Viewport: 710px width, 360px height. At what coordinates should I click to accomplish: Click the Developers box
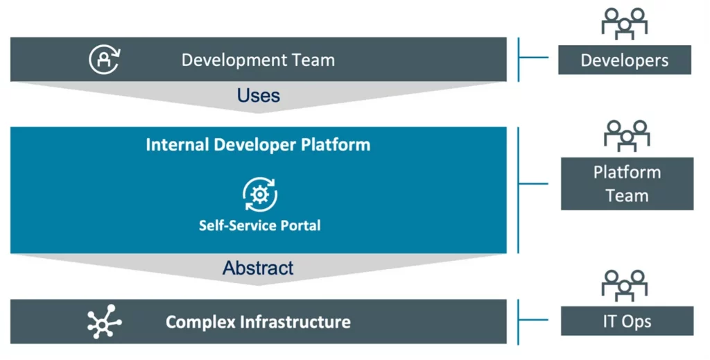[625, 60]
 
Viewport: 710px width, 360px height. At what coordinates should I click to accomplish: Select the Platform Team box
[627, 183]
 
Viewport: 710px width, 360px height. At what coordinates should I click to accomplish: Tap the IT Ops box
[627, 320]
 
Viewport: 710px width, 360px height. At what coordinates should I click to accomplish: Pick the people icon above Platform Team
[627, 136]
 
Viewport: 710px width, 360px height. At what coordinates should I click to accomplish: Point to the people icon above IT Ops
[625, 285]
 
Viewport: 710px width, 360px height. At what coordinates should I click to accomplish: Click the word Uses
[259, 95]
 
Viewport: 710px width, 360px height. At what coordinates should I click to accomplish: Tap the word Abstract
[258, 268]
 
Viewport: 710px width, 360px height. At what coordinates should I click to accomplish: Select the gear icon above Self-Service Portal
[260, 194]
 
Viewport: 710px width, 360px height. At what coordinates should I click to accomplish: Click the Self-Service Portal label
[260, 225]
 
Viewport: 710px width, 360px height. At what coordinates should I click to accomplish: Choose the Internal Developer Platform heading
[258, 145]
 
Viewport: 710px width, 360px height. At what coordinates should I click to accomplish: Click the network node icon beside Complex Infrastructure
[104, 322]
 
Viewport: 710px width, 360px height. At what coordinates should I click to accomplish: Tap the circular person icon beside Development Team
[105, 60]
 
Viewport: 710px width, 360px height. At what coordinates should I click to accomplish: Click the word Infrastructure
[295, 322]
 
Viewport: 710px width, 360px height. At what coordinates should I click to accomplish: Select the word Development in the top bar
[234, 60]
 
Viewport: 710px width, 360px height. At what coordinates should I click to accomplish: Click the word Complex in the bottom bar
[200, 323]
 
